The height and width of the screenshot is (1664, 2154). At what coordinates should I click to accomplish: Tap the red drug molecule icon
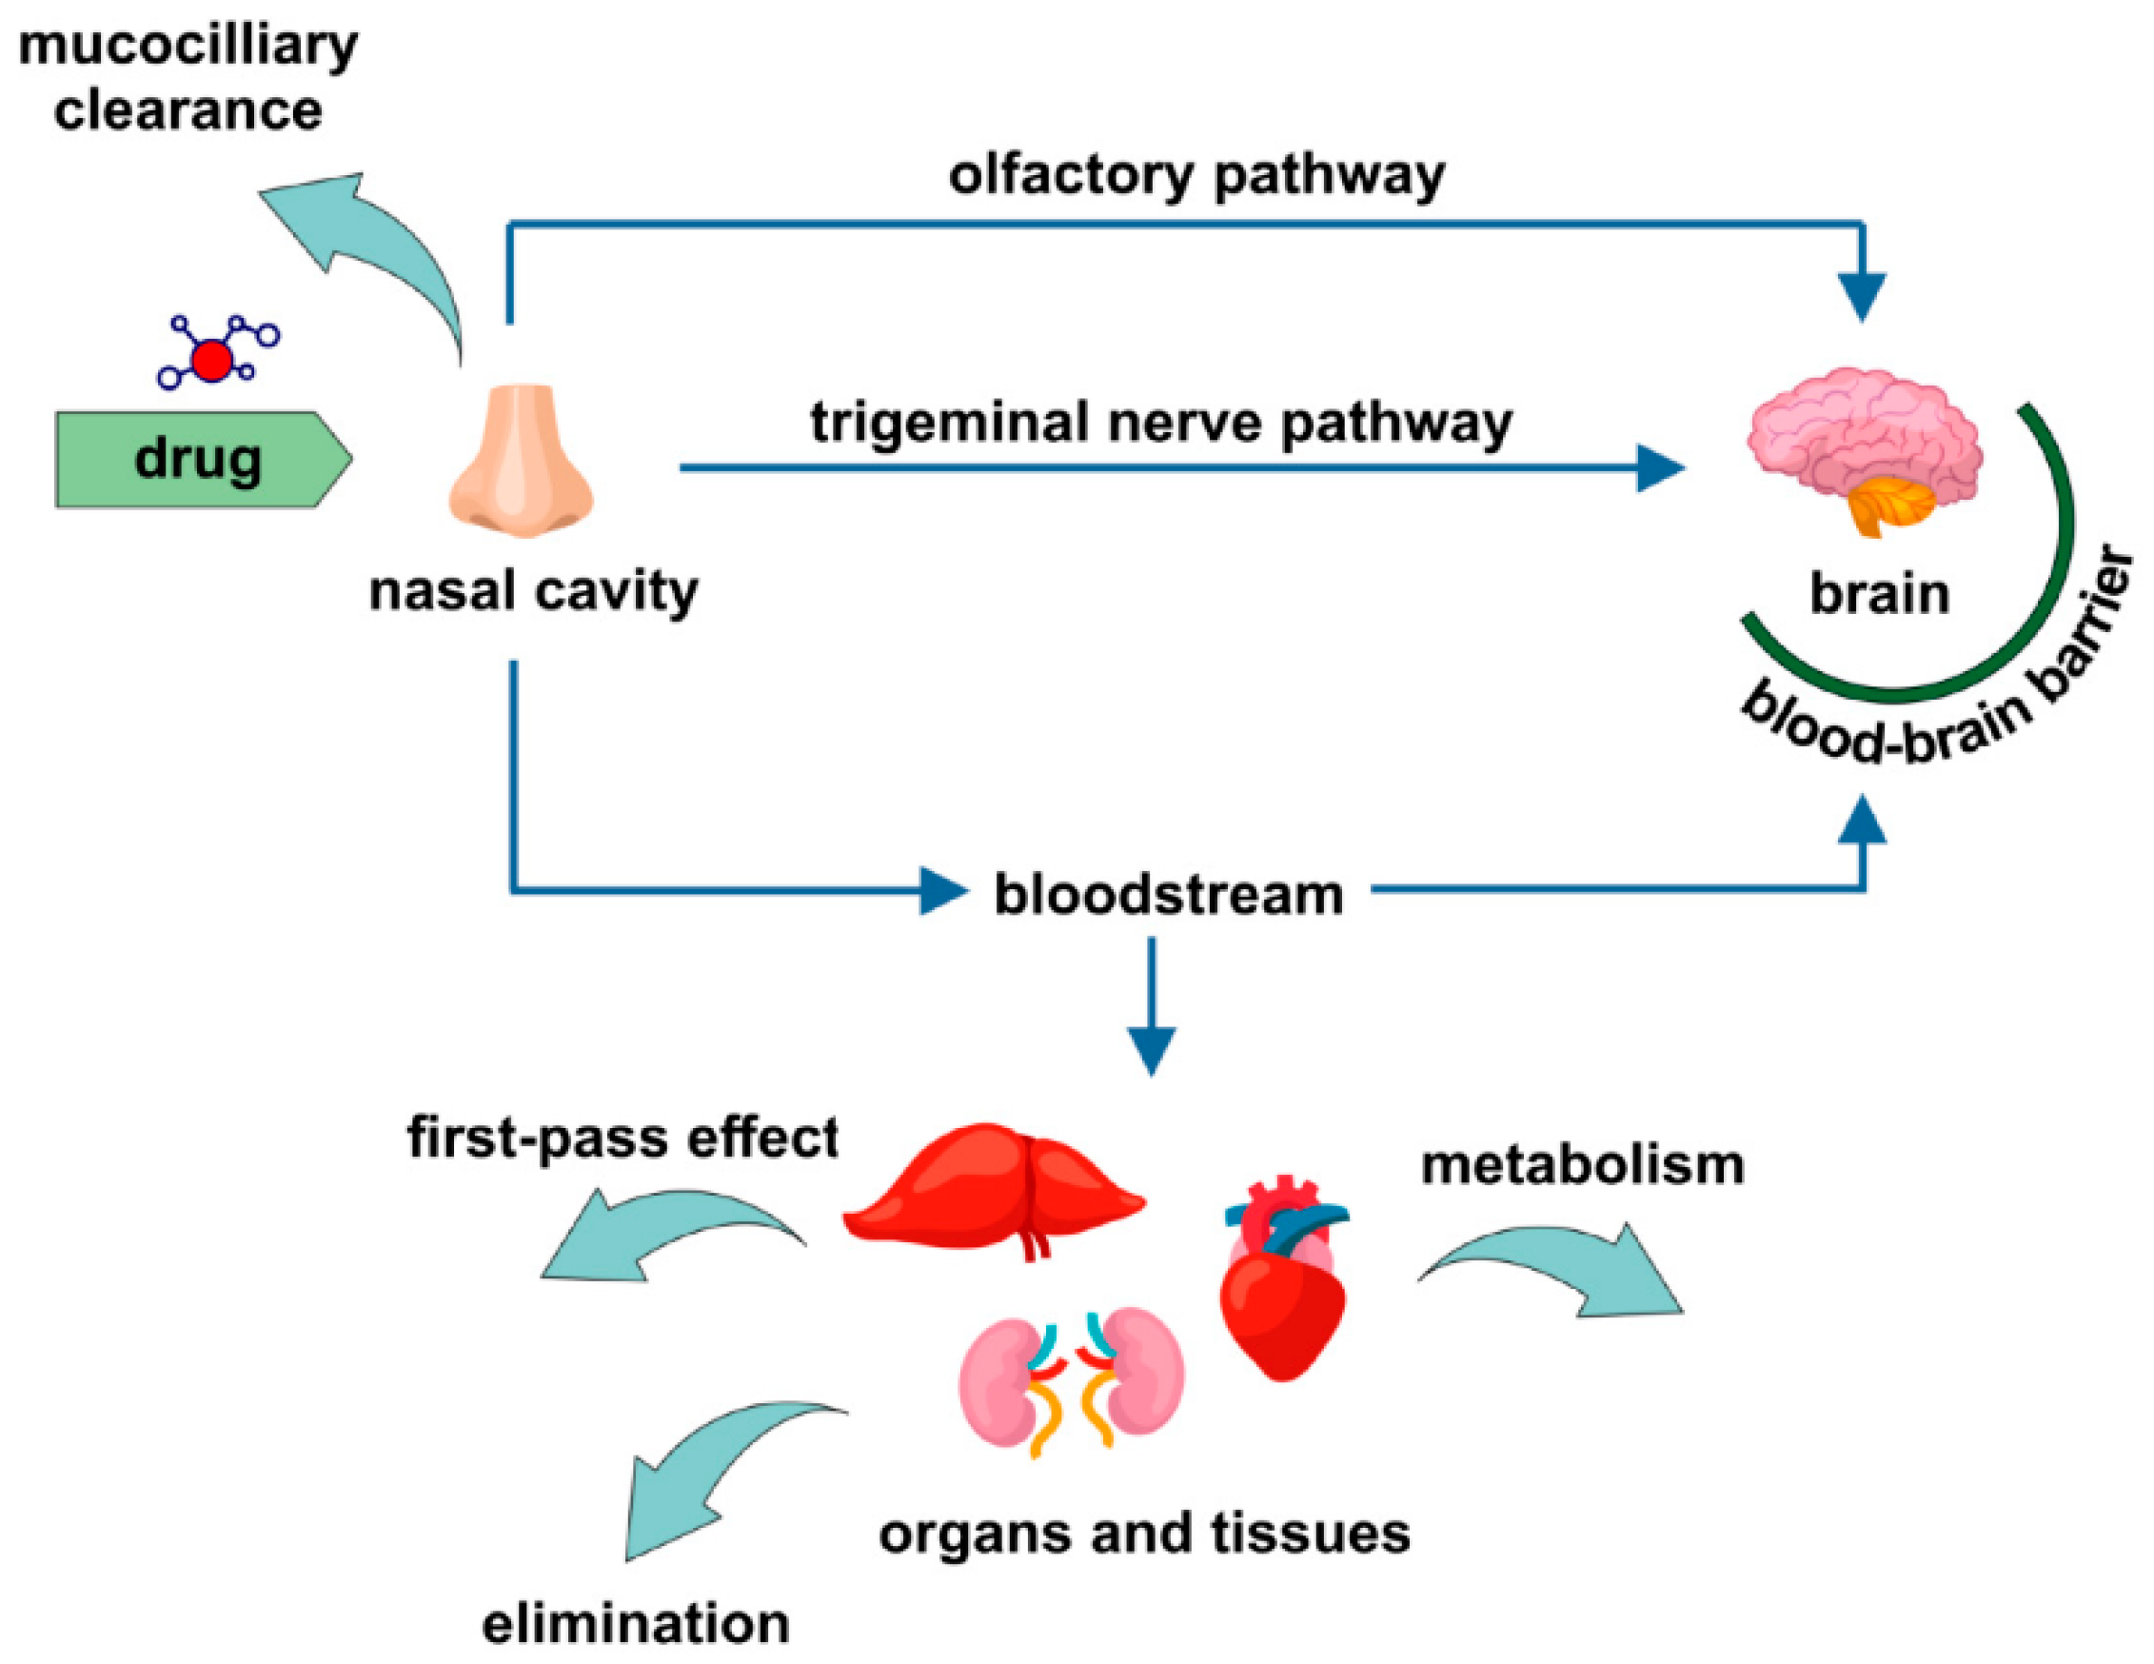[x=211, y=360]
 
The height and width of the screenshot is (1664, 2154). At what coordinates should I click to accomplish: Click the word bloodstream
[x=1168, y=895]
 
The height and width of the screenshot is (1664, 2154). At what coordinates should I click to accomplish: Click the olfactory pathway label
[x=1196, y=175]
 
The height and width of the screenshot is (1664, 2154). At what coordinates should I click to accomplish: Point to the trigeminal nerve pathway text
[x=1161, y=422]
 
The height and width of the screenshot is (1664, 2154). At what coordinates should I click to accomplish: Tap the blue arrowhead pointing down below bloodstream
[x=1151, y=1051]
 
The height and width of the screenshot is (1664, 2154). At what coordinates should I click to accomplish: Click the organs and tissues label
[x=1144, y=1534]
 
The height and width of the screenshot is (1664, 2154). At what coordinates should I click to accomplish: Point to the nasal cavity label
[x=534, y=592]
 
